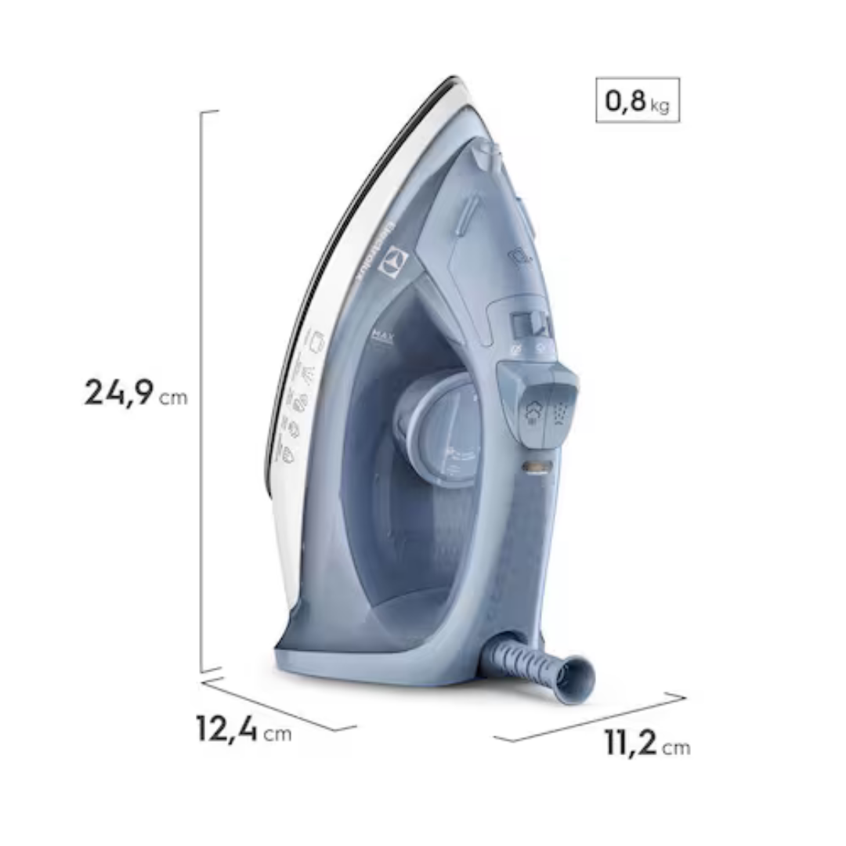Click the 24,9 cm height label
(x=136, y=392)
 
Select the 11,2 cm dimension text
(x=647, y=743)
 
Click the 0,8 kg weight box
(x=637, y=100)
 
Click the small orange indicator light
(x=538, y=468)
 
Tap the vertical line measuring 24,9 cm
(x=201, y=392)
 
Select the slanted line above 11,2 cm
(x=591, y=718)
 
